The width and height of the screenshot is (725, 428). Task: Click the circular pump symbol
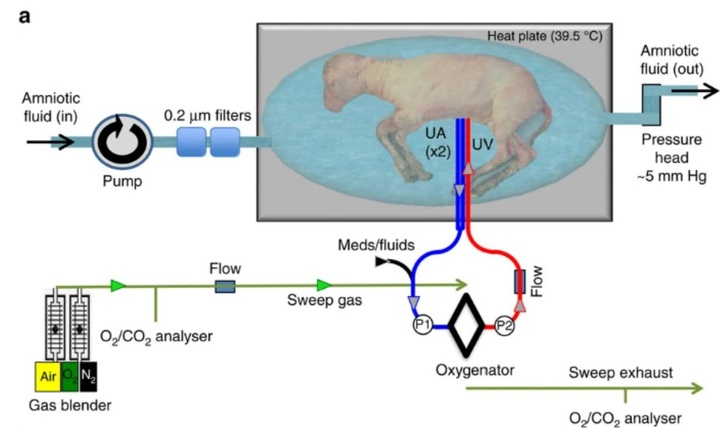click(x=122, y=142)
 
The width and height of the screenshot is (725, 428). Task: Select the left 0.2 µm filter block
click(x=191, y=142)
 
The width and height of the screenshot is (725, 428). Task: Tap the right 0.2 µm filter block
click(x=225, y=142)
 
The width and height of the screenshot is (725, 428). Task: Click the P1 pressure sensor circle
click(x=422, y=325)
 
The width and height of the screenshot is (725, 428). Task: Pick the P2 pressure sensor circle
click(x=504, y=326)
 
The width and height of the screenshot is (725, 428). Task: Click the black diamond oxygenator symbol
click(x=466, y=326)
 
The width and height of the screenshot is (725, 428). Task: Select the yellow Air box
click(x=48, y=376)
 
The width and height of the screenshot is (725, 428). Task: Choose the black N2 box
click(x=88, y=376)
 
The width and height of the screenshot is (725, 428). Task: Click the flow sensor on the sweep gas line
click(x=225, y=287)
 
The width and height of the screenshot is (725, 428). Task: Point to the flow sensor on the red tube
click(x=520, y=282)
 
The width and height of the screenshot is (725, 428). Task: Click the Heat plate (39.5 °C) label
click(x=545, y=36)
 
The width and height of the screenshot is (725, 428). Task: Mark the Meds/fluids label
click(x=376, y=245)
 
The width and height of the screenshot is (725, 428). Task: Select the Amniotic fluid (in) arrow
click(x=51, y=142)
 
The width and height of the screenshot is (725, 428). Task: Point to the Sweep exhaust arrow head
click(x=695, y=388)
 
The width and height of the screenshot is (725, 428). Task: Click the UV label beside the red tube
click(x=482, y=145)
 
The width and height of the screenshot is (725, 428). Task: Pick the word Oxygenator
click(x=475, y=371)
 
